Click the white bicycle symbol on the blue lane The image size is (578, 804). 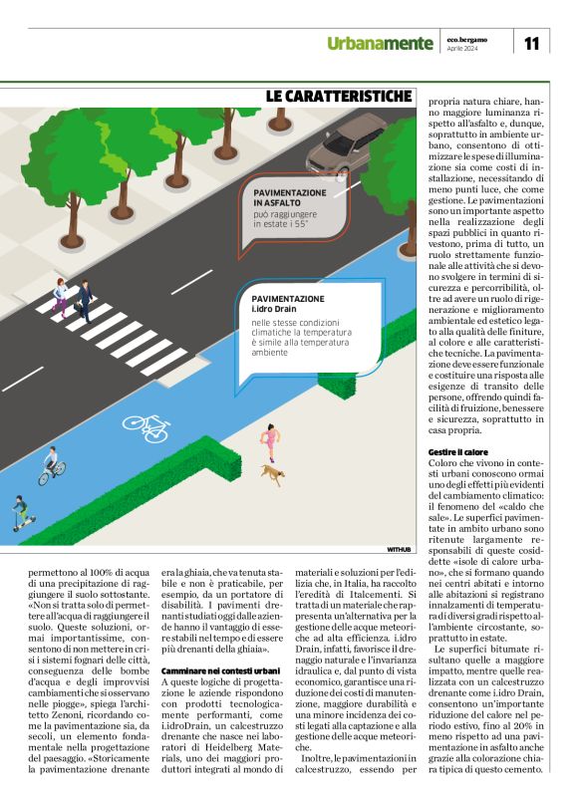(144, 426)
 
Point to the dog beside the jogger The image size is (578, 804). (270, 474)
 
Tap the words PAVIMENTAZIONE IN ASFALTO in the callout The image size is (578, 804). (290, 196)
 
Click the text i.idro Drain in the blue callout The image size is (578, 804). (273, 310)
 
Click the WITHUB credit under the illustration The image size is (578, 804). (398, 549)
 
